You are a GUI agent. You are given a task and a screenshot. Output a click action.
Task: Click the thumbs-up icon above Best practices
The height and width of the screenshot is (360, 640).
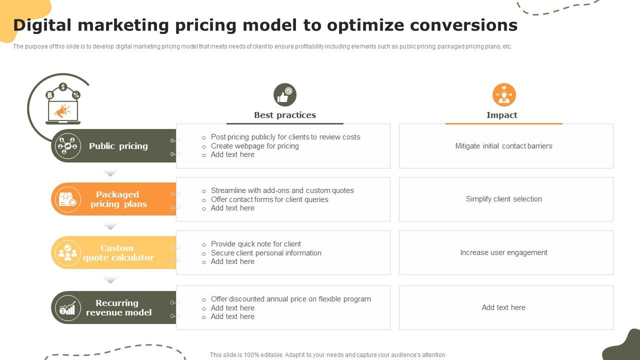click(285, 95)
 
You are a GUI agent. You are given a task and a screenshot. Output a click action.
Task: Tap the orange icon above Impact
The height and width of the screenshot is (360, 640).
click(504, 95)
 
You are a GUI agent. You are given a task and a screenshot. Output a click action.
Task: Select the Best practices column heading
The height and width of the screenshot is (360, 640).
click(285, 115)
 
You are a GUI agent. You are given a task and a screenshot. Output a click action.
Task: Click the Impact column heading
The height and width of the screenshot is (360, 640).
click(502, 115)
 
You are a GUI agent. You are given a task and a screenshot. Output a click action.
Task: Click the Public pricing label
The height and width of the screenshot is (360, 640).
click(118, 146)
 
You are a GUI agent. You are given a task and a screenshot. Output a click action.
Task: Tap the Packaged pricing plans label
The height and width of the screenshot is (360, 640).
click(118, 199)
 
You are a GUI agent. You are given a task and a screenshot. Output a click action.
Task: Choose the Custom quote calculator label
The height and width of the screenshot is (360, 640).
click(118, 252)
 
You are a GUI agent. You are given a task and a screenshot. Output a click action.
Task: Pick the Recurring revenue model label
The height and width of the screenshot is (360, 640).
click(118, 307)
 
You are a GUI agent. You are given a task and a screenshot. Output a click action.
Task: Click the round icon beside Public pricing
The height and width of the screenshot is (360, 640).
click(67, 146)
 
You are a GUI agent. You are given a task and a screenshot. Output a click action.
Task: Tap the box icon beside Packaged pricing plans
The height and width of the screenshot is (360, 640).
click(67, 199)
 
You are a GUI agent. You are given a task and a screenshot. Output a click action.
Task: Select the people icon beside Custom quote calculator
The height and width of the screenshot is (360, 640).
click(67, 252)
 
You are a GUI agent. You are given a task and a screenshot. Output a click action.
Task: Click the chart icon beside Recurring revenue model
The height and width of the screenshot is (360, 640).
click(67, 307)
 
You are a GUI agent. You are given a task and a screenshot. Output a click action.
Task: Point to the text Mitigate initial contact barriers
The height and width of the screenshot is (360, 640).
click(503, 146)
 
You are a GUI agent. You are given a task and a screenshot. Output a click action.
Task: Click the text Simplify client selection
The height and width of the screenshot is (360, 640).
click(503, 199)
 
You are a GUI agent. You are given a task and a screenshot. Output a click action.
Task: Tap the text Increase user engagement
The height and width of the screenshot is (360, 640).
click(503, 252)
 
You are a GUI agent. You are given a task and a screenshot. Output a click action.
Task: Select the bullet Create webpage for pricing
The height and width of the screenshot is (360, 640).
click(255, 146)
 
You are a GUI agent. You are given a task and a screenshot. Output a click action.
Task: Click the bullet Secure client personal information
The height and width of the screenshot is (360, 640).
click(266, 253)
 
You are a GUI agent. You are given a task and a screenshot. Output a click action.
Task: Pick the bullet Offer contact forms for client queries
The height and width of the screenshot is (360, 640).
click(269, 199)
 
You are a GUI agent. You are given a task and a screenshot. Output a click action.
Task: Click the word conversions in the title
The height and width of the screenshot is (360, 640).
click(463, 25)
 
